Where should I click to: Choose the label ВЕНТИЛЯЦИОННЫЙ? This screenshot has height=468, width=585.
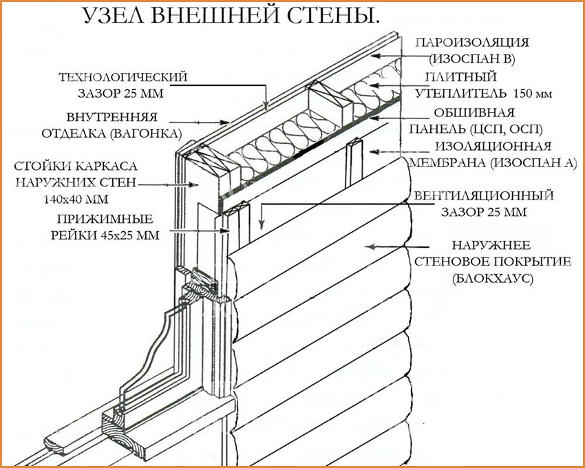pos(483,196)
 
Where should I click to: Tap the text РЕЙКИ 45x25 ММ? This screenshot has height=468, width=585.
pos(106,235)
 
